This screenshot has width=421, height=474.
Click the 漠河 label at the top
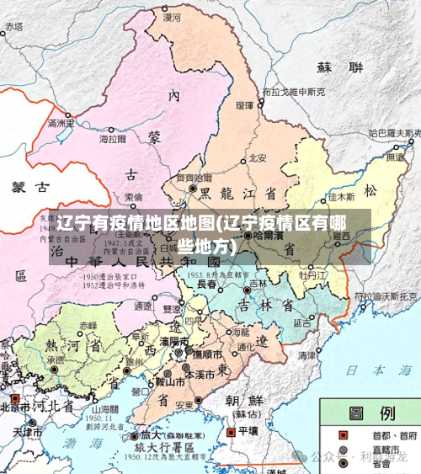[x=172, y=16]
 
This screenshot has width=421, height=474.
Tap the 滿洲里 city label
[x=61, y=124]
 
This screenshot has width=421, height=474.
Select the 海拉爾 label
[x=113, y=139]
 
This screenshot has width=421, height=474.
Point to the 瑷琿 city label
[x=245, y=106]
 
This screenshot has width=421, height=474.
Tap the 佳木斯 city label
[x=342, y=197]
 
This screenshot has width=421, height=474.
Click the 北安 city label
[x=258, y=157]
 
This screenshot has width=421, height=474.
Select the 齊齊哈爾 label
[x=194, y=178]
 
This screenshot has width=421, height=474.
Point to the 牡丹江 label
[x=312, y=274]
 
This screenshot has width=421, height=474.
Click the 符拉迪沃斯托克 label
[x=386, y=296]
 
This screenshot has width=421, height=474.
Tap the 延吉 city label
[x=302, y=322]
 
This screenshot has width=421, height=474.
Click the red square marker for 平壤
[x=231, y=431]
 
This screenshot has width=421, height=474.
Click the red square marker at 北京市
[x=13, y=397]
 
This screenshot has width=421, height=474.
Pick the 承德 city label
[x=56, y=359]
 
